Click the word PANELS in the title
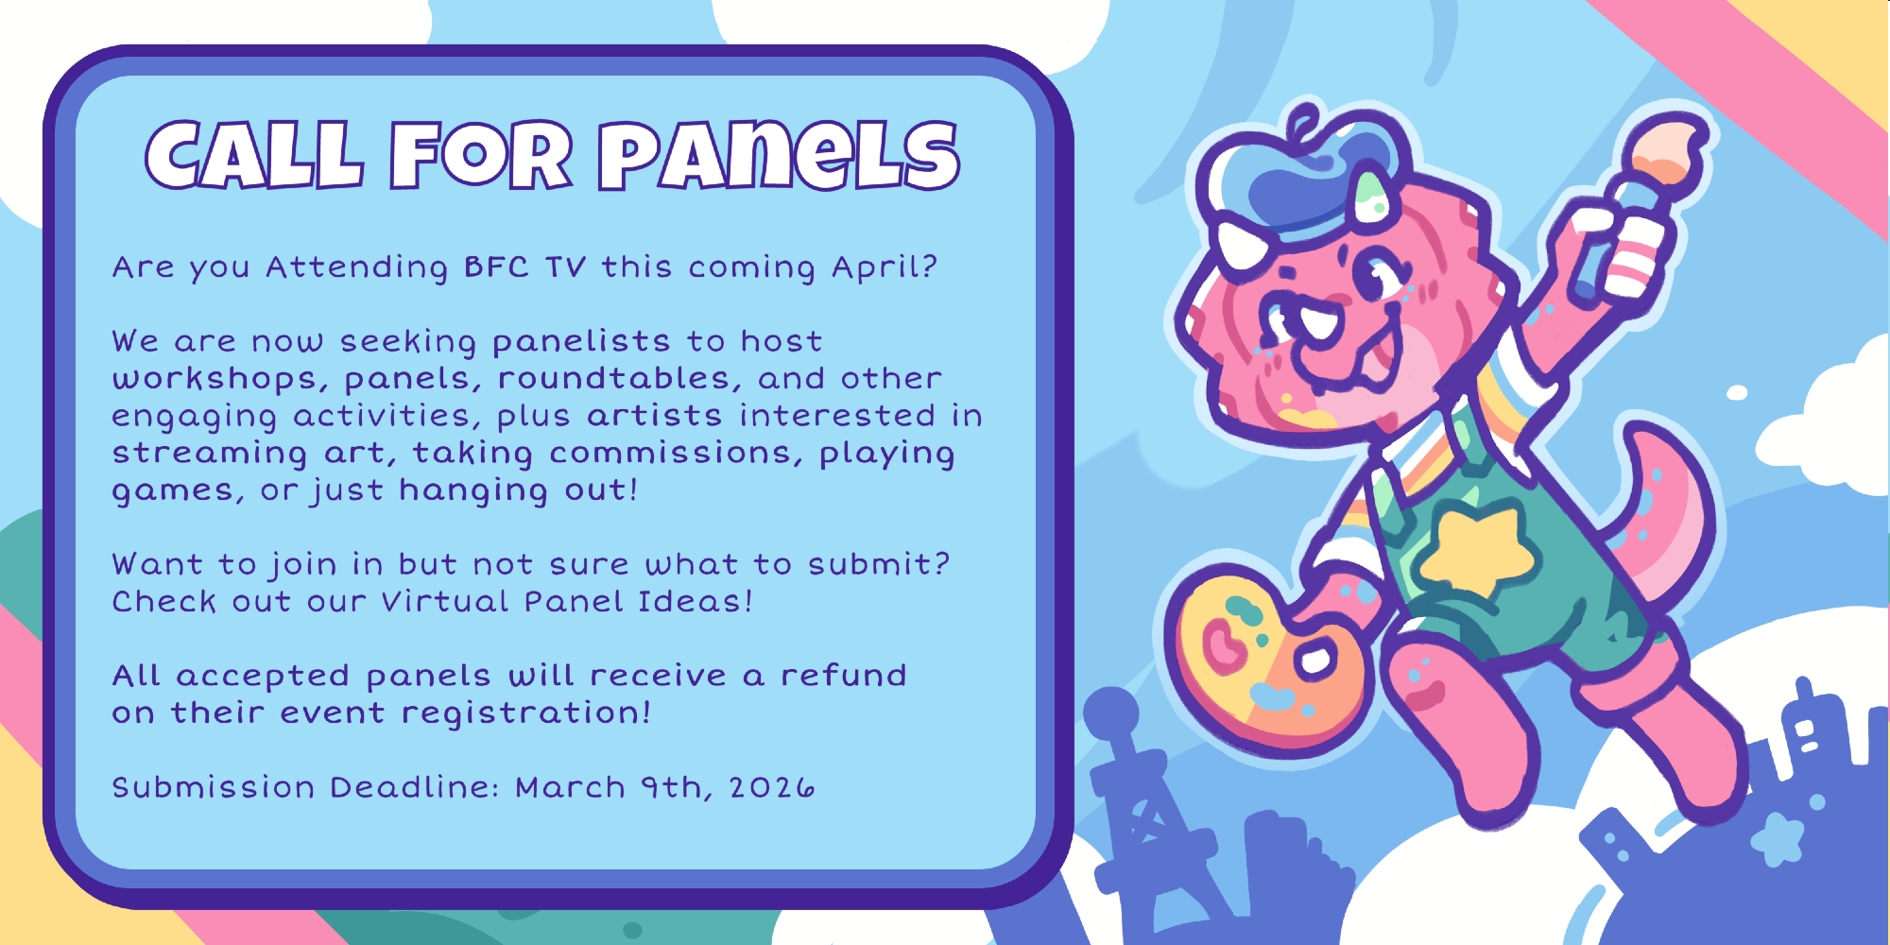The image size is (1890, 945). tap(780, 155)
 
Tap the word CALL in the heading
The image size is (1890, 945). tap(253, 155)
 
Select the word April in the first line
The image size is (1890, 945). tap(885, 268)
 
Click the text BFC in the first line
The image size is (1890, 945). tap(496, 267)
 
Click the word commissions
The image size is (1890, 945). tap(669, 454)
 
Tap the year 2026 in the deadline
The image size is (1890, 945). tap(771, 788)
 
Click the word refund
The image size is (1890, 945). tap(843, 675)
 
